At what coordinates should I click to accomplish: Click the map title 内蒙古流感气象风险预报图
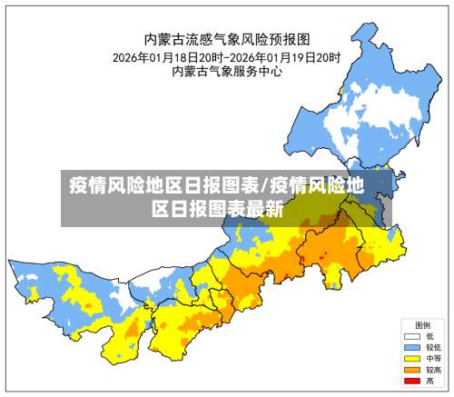coord(227,39)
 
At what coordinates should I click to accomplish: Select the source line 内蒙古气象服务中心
coord(227,72)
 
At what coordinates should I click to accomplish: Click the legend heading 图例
coord(422,324)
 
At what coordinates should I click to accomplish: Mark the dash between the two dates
coord(227,56)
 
